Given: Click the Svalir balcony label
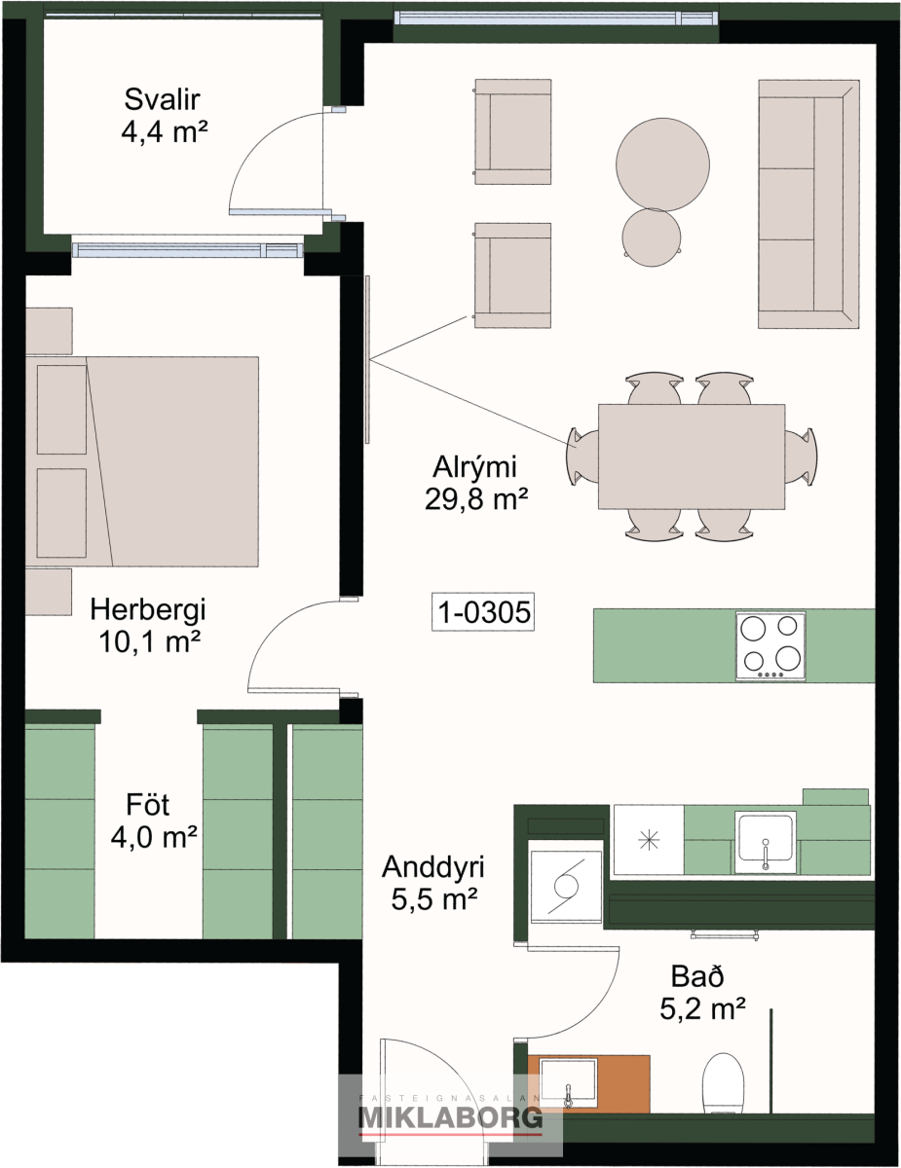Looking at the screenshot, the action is click(x=162, y=99).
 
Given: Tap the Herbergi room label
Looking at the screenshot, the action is click(x=148, y=610).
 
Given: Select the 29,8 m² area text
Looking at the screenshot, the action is click(x=475, y=499).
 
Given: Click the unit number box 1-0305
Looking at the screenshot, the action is click(x=483, y=611).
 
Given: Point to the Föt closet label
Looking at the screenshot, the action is click(x=147, y=805).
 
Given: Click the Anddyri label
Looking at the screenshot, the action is click(x=433, y=867).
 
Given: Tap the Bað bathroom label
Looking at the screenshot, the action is click(x=697, y=976).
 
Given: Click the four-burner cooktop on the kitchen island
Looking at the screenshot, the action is click(x=770, y=645).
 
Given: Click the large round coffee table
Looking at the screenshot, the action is click(x=662, y=164).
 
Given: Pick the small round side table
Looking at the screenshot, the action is click(x=652, y=237).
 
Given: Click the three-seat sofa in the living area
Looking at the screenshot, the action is click(x=808, y=203).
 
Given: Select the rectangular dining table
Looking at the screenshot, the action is click(x=692, y=456).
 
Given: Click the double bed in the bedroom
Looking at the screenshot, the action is click(x=142, y=461).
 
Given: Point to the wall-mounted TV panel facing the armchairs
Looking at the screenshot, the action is click(x=367, y=359).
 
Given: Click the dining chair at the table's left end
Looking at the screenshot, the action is click(x=582, y=456).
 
